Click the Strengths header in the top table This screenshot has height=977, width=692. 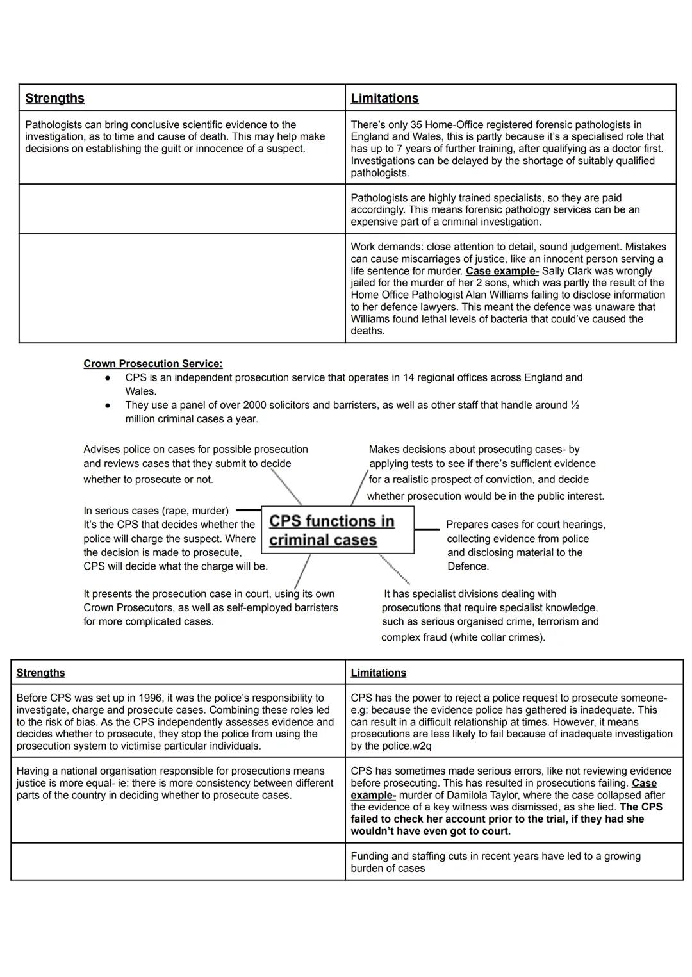coord(54,98)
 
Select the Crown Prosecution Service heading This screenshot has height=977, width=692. coord(153,363)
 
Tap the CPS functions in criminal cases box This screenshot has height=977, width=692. coord(337,530)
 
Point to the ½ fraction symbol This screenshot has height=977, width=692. coord(575,405)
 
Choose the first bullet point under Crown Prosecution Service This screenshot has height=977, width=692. coord(108,378)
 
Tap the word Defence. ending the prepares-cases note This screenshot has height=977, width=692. coord(468,566)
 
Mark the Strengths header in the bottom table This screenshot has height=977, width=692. coord(40,673)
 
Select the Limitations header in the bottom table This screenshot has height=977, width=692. coord(378,673)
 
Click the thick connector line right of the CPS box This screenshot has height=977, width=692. coord(427,529)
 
